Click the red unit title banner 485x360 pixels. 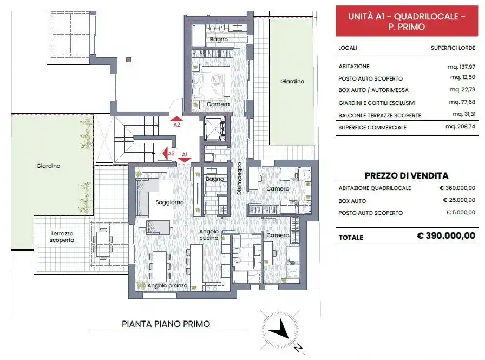(x=407, y=21)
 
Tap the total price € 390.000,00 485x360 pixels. (x=446, y=236)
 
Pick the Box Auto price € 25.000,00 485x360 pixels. (x=457, y=200)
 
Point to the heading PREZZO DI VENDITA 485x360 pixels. (x=407, y=175)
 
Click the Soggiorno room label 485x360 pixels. (x=169, y=202)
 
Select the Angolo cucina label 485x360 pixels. (x=209, y=234)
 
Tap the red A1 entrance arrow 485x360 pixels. (x=184, y=159)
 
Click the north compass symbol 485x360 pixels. (x=280, y=330)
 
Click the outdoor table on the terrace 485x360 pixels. (x=102, y=242)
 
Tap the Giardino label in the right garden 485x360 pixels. (x=292, y=82)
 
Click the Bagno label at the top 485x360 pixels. (x=219, y=40)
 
